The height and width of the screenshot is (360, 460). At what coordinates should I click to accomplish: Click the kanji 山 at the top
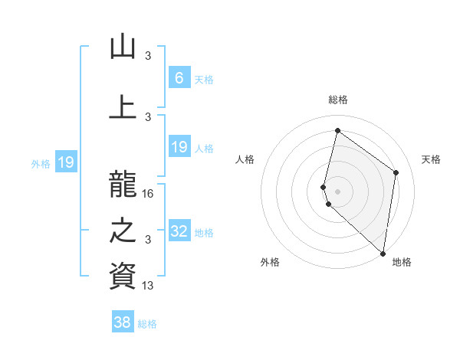point(122,47)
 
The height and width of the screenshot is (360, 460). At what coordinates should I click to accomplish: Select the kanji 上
point(122,106)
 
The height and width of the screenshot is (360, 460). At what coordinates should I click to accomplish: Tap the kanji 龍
point(122,182)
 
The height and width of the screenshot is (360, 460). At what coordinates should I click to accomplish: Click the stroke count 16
point(148,194)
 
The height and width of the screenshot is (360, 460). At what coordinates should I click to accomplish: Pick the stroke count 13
point(148,286)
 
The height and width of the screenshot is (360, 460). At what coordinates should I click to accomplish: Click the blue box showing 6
point(179,77)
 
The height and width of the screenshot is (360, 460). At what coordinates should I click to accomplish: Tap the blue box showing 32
point(179,231)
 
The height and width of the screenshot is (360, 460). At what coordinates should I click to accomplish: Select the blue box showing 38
point(123,322)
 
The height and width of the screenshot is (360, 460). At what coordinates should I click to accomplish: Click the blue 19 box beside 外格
point(65,162)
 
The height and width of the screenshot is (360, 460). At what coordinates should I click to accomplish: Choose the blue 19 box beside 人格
point(179,147)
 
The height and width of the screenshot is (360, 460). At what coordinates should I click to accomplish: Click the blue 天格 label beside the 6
point(203,80)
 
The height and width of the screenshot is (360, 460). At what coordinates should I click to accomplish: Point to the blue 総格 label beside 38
point(147,325)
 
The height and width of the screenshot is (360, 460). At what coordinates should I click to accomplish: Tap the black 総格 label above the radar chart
point(337,100)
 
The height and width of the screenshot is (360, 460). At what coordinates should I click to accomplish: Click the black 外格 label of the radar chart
point(270,262)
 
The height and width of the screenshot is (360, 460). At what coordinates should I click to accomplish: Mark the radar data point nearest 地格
point(383,254)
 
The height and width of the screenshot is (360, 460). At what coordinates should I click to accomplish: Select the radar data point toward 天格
point(396,173)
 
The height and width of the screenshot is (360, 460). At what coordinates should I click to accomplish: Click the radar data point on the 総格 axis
point(337,130)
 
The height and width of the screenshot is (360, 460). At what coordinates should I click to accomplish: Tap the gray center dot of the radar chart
point(337,191)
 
